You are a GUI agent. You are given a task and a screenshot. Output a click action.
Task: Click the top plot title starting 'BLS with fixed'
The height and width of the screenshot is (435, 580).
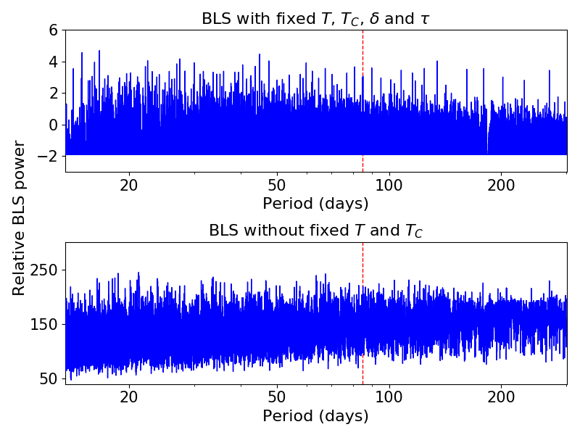coord(315,19)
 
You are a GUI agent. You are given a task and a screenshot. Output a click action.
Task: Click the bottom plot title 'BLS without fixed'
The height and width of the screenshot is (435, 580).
coord(315,231)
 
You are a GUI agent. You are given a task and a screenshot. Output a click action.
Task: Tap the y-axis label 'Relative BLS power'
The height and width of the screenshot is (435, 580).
coord(19,217)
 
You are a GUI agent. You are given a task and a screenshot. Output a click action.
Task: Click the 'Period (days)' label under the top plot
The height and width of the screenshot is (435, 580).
coord(315,203)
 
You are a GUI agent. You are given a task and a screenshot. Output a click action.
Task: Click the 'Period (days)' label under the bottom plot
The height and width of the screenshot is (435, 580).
coord(315,416)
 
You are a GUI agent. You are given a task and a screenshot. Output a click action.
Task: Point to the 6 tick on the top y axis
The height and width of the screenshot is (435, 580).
coord(53,30)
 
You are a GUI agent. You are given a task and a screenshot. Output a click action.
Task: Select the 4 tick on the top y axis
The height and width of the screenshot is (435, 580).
coord(53,62)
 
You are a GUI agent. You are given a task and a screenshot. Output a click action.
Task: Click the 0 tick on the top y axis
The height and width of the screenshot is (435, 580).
coord(53,125)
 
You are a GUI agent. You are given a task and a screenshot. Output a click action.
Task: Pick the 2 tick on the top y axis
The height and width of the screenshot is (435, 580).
coord(53,94)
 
